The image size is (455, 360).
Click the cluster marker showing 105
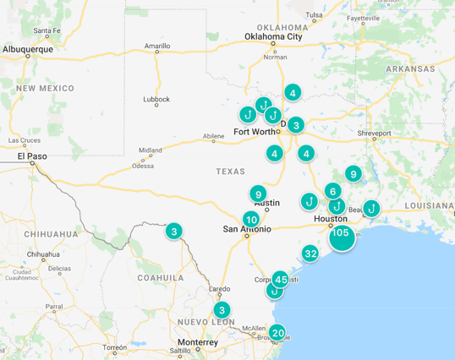[x=342, y=234]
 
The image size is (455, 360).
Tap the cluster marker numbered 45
[x=281, y=279]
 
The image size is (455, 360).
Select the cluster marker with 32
[x=310, y=254]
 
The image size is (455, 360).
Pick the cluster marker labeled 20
[x=277, y=333]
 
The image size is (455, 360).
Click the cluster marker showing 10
[x=251, y=220]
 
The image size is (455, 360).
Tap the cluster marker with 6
[x=333, y=191]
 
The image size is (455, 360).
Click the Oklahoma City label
[x=273, y=36]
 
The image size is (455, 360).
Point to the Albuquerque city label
[x=28, y=49]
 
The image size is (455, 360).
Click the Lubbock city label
[x=156, y=99]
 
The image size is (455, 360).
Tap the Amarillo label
[x=157, y=46]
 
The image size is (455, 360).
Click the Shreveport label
[x=373, y=134]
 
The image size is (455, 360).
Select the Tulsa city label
[x=314, y=15]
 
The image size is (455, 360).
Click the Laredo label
[x=220, y=289]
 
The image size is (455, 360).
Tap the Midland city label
[x=151, y=150]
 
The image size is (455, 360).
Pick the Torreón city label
[x=115, y=347]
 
